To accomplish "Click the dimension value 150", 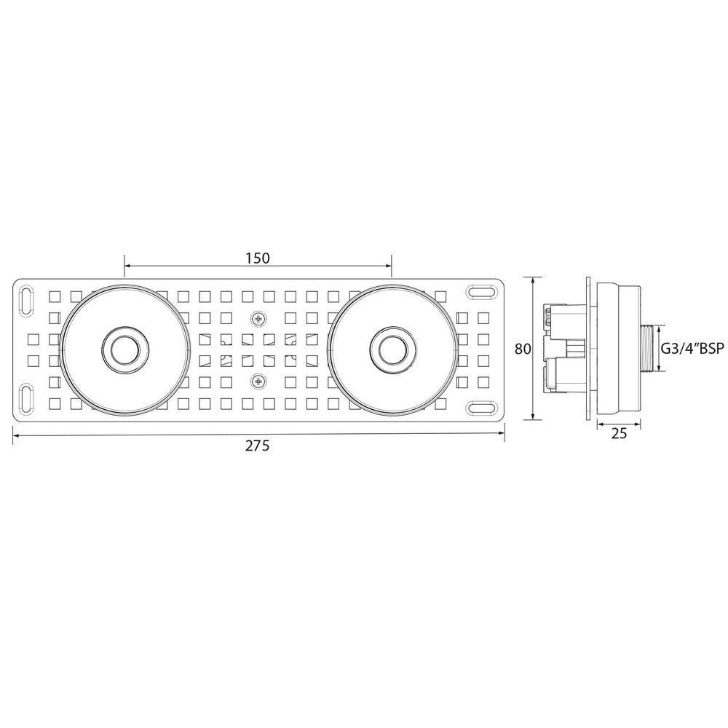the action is click(x=258, y=258).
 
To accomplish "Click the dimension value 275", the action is click(x=257, y=446).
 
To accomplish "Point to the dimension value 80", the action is click(x=522, y=349).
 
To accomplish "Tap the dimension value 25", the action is click(x=620, y=433).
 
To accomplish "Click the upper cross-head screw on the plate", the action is click(x=258, y=319).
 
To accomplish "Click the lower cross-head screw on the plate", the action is click(x=258, y=381).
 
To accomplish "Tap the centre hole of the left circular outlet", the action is click(x=124, y=349).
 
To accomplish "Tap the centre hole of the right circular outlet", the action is click(x=392, y=349).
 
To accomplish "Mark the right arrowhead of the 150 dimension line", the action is click(x=388, y=266).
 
